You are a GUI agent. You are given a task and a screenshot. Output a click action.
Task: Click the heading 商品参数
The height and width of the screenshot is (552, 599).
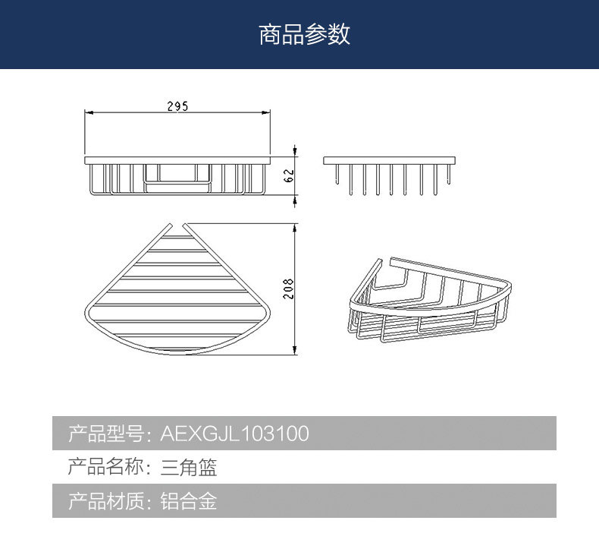[x=304, y=35]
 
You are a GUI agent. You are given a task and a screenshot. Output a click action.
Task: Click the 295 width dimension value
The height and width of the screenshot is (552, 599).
[x=177, y=106]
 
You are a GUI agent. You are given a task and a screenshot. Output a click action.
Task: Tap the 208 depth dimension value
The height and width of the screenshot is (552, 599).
[x=289, y=289]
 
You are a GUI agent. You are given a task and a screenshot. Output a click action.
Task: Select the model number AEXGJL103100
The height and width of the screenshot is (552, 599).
[x=234, y=434]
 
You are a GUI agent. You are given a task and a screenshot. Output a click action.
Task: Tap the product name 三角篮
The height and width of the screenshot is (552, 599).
[x=189, y=467]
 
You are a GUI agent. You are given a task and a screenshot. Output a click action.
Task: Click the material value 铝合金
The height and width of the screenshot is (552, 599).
[x=189, y=501]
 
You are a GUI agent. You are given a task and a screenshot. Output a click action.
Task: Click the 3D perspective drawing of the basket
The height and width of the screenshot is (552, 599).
[x=429, y=300]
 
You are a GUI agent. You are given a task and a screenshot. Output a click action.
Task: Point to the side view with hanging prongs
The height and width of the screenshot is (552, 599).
[x=391, y=174]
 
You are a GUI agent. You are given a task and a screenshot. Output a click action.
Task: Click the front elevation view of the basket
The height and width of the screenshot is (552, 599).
[x=177, y=176]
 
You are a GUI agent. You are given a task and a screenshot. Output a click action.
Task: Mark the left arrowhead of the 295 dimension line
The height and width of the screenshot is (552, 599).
[x=86, y=113]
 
